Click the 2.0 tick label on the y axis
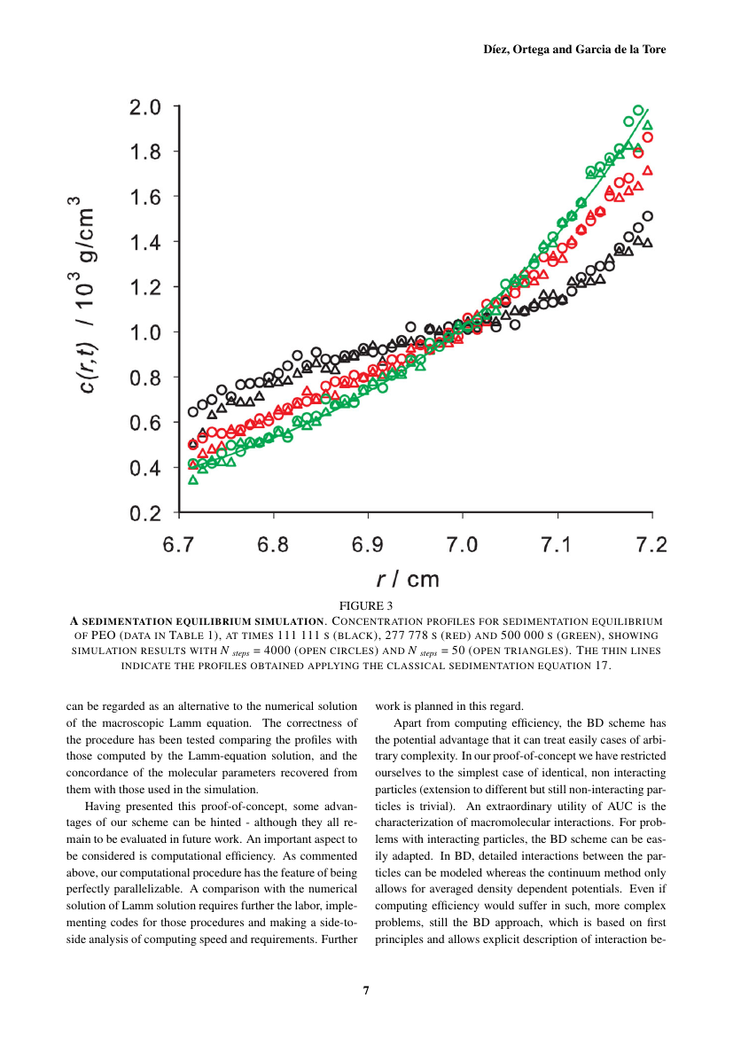click(144, 107)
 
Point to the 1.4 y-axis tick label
click(144, 243)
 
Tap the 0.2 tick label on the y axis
click(144, 513)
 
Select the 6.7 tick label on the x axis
click(179, 544)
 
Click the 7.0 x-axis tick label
click(462, 544)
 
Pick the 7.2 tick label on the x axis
click(651, 544)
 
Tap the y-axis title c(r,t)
click(88, 368)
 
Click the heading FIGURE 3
click(366, 605)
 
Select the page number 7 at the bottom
click(366, 990)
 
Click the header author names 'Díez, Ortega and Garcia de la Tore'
click(574, 50)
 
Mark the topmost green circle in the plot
click(638, 111)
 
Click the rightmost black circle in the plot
click(648, 216)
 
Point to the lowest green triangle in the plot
click(193, 480)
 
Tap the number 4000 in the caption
click(277, 650)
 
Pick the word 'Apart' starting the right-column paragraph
click(408, 723)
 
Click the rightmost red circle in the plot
click(648, 136)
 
